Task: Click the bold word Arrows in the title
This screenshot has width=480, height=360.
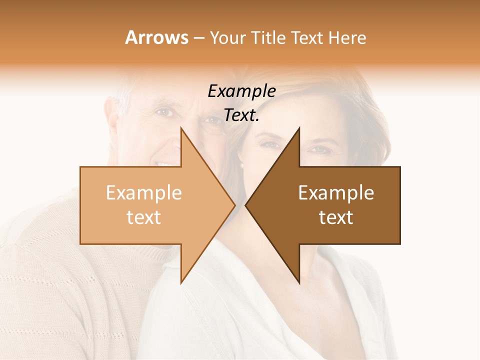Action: click(157, 37)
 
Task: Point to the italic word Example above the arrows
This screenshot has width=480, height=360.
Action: click(241, 91)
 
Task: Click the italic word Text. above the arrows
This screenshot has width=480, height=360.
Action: click(241, 115)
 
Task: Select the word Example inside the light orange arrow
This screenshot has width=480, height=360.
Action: click(144, 193)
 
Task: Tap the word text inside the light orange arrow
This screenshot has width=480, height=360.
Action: click(144, 217)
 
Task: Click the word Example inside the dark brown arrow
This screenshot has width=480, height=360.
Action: click(336, 193)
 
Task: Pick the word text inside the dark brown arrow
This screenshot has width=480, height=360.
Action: click(336, 217)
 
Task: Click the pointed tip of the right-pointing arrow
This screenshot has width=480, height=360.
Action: click(235, 205)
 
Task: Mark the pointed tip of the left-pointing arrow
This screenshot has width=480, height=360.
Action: click(245, 205)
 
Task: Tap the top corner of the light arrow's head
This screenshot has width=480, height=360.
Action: click(181, 128)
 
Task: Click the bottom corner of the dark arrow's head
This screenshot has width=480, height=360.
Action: click(299, 283)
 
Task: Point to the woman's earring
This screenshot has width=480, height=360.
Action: click(241, 165)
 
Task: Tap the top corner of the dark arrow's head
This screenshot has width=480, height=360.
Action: click(299, 128)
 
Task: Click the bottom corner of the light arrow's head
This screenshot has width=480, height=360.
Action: click(181, 283)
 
